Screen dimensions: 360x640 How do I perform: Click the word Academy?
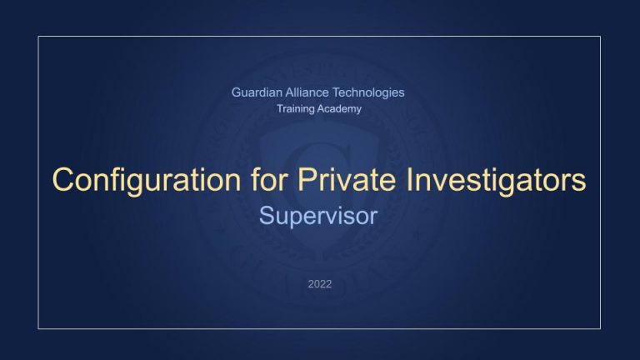tap(341, 110)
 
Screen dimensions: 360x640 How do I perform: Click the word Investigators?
tap(487, 180)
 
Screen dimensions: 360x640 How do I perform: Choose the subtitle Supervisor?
tap(319, 217)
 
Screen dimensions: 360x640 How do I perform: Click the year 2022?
tap(319, 284)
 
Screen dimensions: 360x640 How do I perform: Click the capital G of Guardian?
tap(237, 92)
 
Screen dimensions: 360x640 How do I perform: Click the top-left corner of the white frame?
tap(38, 37)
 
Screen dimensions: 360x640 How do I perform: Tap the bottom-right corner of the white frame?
tap(601, 328)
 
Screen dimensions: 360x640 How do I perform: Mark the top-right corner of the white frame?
tap(601, 37)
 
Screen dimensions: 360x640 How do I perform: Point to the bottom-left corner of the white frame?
tap(38, 328)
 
